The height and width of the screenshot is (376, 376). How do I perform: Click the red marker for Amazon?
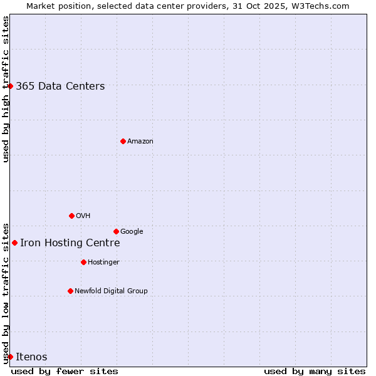click(123, 141)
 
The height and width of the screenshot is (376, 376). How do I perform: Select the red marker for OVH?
click(71, 216)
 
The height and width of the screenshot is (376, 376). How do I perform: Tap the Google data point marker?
click(116, 231)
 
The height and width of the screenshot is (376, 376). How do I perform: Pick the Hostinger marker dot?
click(83, 262)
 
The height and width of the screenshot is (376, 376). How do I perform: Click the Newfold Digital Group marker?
click(70, 291)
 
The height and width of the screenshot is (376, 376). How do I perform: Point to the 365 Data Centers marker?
click(10, 86)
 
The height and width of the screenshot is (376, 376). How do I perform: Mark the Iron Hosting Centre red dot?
click(14, 243)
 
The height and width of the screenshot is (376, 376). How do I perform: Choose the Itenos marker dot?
click(10, 357)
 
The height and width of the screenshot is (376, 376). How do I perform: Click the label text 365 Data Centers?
click(60, 86)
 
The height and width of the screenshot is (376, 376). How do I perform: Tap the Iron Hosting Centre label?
click(70, 243)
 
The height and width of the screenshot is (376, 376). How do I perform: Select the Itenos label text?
click(31, 357)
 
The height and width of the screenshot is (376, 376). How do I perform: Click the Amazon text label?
click(140, 142)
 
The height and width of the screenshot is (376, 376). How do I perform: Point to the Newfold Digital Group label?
click(111, 291)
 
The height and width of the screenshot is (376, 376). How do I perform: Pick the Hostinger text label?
click(103, 262)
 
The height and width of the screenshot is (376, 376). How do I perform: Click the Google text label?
click(132, 232)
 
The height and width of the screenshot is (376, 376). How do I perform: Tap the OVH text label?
click(83, 216)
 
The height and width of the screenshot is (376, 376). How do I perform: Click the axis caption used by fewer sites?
click(65, 371)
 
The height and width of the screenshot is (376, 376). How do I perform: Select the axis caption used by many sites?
click(315, 371)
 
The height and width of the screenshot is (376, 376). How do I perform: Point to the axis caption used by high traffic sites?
click(6, 89)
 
